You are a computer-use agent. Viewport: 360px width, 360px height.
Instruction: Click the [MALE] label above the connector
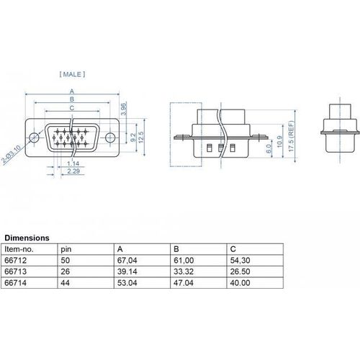tap(72, 74)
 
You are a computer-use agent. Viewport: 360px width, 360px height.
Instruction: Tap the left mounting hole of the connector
tap(34, 138)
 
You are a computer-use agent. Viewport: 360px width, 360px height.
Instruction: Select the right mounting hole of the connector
tap(110, 138)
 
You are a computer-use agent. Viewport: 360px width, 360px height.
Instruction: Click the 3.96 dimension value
tap(123, 109)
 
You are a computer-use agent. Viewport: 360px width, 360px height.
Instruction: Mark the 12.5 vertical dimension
tap(141, 137)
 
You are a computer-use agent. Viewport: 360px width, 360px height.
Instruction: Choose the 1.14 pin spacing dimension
tap(73, 163)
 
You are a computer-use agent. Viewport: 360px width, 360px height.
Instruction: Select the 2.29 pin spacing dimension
tap(73, 171)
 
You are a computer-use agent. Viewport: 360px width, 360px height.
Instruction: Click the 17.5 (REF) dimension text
tap(291, 136)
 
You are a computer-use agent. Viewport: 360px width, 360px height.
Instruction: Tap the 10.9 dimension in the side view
tap(280, 142)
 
